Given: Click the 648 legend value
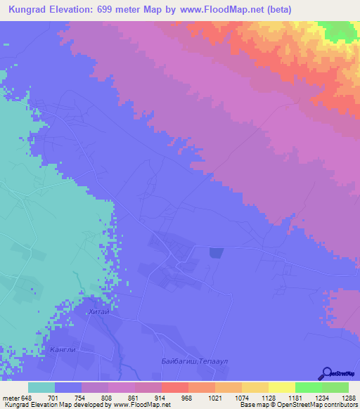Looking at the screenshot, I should tap(27, 397).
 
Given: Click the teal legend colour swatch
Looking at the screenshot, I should tap(41, 387).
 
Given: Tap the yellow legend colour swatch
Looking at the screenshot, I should tap(281, 387).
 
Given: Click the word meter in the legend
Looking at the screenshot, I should tap(10, 397).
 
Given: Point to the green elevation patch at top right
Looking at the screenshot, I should tap(340, 30).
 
